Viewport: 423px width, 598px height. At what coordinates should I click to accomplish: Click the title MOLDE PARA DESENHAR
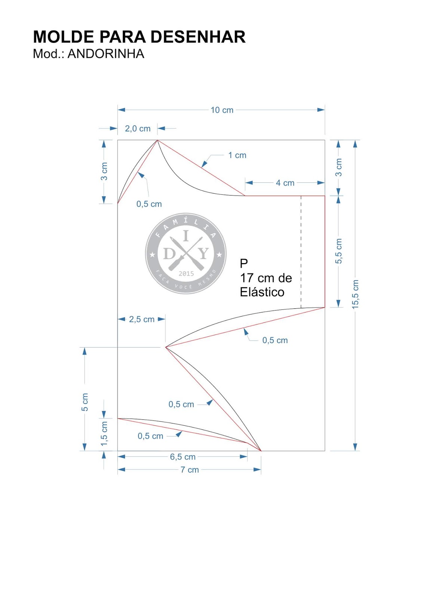139,37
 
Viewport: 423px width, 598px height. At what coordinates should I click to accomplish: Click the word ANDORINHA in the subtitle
106,54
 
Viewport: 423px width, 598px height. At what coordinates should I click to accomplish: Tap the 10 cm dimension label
222,110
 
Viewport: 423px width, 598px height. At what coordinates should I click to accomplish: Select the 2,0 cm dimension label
138,129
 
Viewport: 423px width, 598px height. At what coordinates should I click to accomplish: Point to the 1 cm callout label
237,155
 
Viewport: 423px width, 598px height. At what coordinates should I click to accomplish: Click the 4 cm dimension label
285,183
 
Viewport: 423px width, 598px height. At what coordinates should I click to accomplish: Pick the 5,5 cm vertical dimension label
338,251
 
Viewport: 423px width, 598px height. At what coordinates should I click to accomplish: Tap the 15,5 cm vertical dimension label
355,295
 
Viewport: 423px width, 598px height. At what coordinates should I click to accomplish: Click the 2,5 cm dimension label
142,319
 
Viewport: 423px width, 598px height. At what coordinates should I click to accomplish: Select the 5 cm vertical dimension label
85,402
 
